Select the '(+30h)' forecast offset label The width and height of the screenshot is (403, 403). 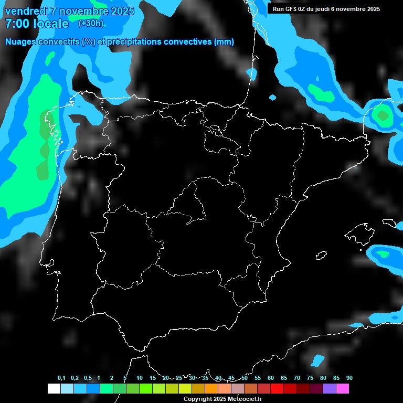coord(91,24)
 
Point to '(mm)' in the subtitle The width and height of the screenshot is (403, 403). coord(224,42)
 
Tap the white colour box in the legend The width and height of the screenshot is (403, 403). coord(54,388)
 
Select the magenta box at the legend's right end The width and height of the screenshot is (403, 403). coord(343,388)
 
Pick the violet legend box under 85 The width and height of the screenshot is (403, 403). coord(330,388)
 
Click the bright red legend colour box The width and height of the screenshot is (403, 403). coord(277,388)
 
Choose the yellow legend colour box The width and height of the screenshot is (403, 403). coord(185,388)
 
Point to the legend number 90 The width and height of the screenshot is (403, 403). coord(349,378)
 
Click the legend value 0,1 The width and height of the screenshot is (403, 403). coord(61,378)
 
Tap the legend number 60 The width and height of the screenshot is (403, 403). coord(271,378)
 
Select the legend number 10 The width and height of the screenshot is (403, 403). coord(139,378)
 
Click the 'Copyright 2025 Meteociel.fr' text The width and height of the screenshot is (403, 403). coord(222,399)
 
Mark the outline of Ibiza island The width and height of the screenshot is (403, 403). coord(321,255)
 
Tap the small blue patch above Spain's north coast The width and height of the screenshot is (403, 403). coord(272,97)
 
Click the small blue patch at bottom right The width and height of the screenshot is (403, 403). coord(318,360)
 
